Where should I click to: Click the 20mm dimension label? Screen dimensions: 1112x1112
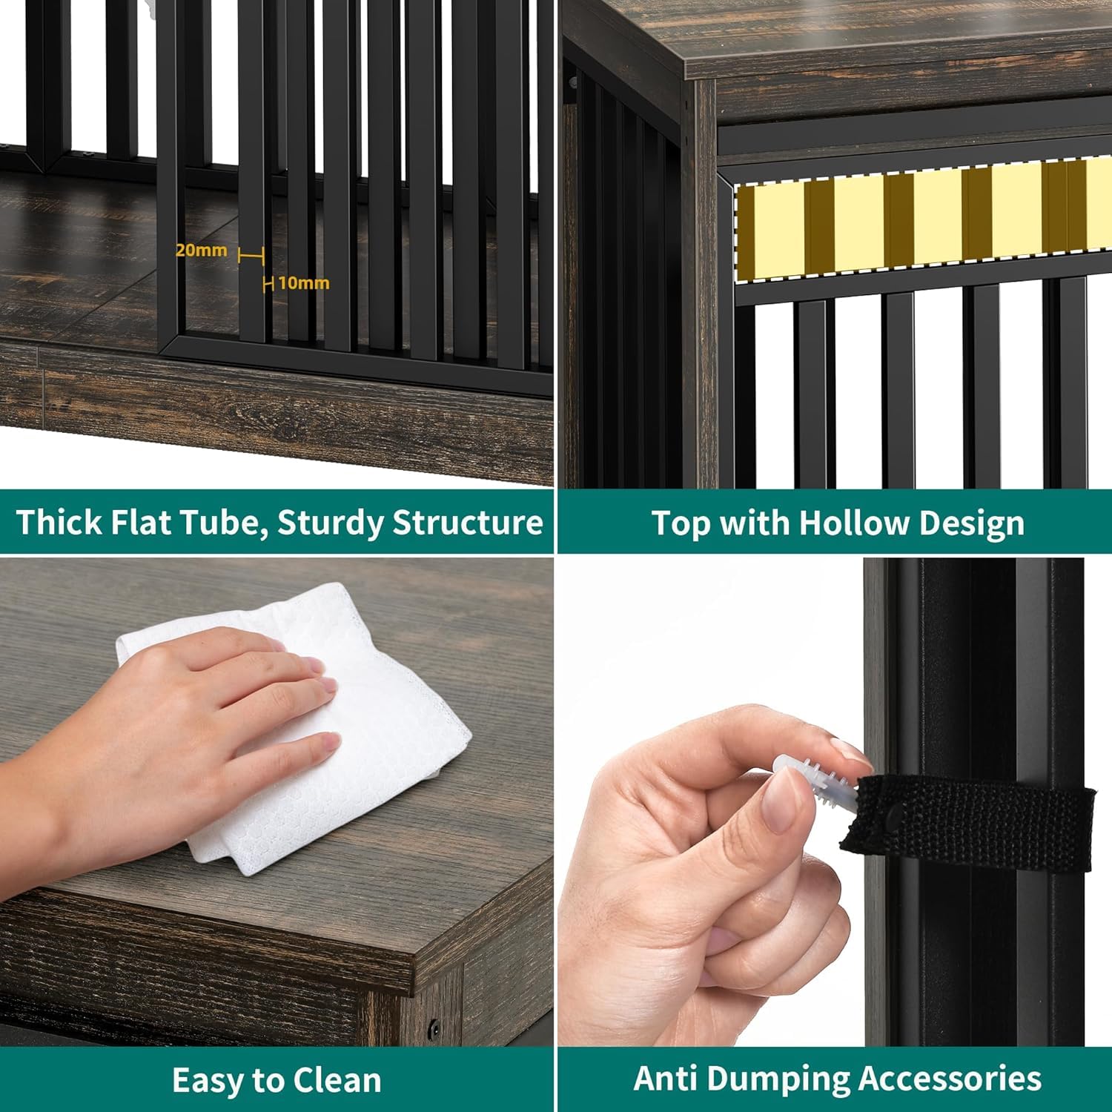tap(201, 251)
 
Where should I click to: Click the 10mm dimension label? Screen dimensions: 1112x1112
tap(304, 283)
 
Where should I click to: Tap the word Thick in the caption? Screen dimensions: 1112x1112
tap(59, 522)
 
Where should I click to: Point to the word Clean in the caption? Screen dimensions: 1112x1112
tap(338, 1080)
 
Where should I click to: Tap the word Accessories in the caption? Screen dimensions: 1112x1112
tap(950, 1079)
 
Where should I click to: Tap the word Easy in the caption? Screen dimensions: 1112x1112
tap(208, 1081)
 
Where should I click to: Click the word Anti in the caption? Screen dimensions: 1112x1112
tap(666, 1079)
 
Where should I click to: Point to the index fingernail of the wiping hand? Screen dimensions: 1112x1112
tap(316, 669)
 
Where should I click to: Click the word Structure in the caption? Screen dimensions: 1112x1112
tap(468, 523)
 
